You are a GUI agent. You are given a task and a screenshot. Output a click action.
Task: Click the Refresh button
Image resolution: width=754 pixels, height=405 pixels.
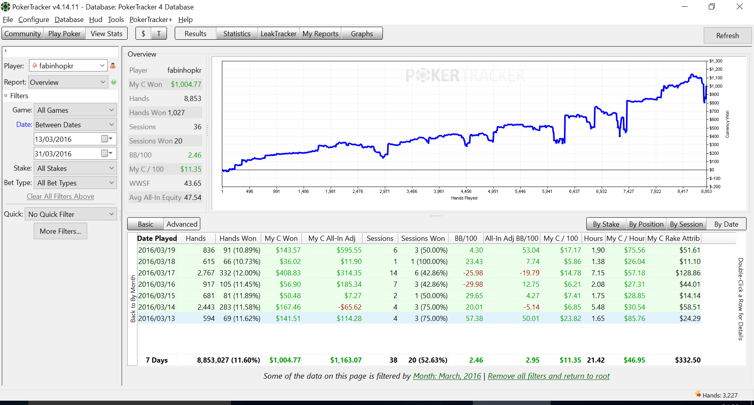click(727, 35)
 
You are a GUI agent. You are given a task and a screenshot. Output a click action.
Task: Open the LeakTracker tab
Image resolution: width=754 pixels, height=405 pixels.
click(278, 34)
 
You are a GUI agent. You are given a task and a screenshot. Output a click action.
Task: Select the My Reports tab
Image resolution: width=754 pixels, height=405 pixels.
click(320, 34)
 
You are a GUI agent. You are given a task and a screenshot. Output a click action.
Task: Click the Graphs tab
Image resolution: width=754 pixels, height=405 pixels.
click(362, 34)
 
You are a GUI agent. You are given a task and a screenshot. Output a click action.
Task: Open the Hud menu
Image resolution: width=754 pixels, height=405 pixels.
click(95, 20)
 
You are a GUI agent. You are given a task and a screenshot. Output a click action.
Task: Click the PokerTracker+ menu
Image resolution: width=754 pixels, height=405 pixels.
click(151, 20)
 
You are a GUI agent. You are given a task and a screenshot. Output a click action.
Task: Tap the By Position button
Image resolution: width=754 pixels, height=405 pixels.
click(646, 224)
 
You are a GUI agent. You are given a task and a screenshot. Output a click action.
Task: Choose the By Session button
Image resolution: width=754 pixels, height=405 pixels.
click(686, 224)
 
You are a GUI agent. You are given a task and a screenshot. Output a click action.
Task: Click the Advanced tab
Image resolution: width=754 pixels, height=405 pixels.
click(182, 224)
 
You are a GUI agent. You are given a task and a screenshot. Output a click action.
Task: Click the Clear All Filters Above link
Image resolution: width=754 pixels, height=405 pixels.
click(60, 196)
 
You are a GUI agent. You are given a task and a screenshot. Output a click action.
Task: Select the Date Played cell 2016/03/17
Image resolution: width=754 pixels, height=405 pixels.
click(157, 273)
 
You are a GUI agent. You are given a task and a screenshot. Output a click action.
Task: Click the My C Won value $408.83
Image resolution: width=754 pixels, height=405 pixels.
click(288, 273)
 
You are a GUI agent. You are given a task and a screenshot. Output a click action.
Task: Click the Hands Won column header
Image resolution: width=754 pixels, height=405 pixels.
click(238, 238)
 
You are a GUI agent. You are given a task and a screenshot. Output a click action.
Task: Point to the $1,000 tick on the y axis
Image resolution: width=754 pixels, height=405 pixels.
click(716, 86)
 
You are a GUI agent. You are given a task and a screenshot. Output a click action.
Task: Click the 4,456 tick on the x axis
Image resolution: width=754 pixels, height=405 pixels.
click(466, 191)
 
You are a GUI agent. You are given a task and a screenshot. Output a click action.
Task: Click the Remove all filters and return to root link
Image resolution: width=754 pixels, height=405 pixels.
click(549, 376)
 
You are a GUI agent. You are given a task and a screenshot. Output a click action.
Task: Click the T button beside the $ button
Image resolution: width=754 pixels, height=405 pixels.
click(159, 34)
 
